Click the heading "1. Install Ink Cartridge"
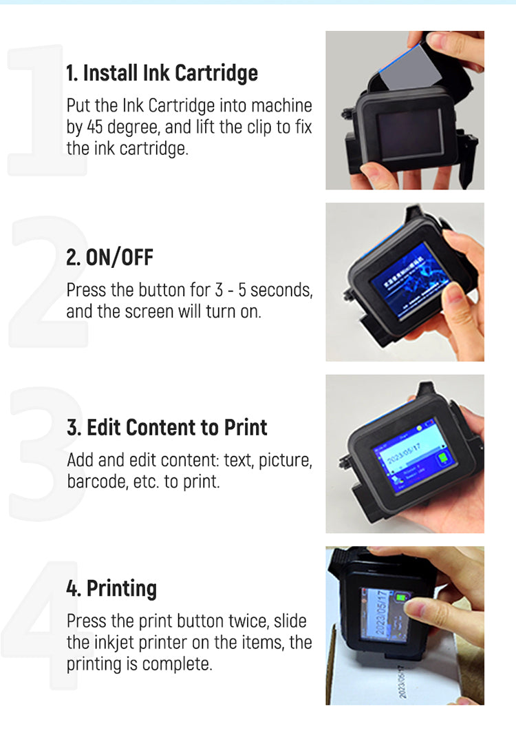coord(162,73)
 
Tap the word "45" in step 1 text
coord(97,127)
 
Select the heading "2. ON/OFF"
coord(109,258)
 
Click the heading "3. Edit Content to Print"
coord(166,427)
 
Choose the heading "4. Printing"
coord(111,588)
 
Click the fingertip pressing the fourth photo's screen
coord(413,607)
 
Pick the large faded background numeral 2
coord(45,282)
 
